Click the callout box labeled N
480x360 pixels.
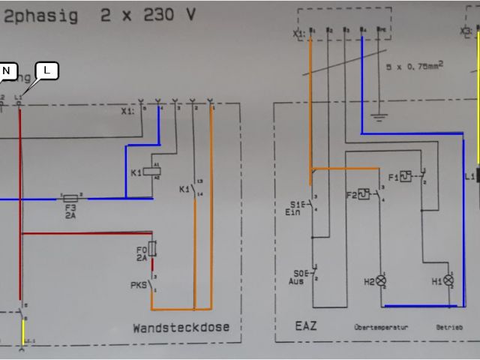tap(7, 71)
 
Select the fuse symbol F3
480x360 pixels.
tap(72, 199)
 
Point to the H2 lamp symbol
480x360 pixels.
tap(381, 282)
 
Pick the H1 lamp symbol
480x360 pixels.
tap(449, 280)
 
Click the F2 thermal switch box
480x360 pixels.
tap(364, 193)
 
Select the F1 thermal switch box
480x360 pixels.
tap(405, 177)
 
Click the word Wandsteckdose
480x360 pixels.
tap(181, 328)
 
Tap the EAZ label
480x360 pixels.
tap(305, 326)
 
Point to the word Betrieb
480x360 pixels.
tap(449, 328)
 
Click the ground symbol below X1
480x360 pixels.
tap(379, 116)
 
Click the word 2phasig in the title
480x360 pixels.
tap(41, 16)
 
